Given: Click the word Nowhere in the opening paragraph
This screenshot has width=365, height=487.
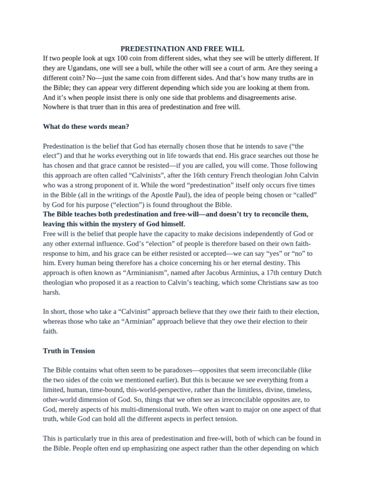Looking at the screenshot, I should (58, 107).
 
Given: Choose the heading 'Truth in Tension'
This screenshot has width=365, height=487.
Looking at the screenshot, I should (69, 351).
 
